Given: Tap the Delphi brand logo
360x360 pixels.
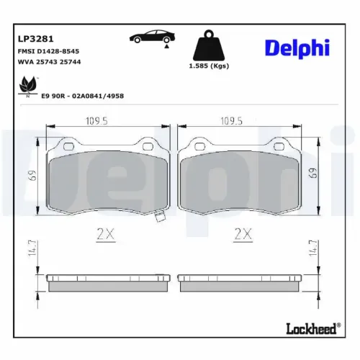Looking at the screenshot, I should [x=297, y=48].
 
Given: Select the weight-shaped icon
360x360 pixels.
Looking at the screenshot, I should [x=208, y=47].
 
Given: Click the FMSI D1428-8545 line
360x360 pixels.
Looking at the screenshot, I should [x=48, y=52].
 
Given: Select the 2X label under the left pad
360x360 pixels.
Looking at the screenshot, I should [x=105, y=233].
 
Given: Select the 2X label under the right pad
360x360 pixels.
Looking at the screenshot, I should [x=243, y=233].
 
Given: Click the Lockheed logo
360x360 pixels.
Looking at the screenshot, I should [x=312, y=329].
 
